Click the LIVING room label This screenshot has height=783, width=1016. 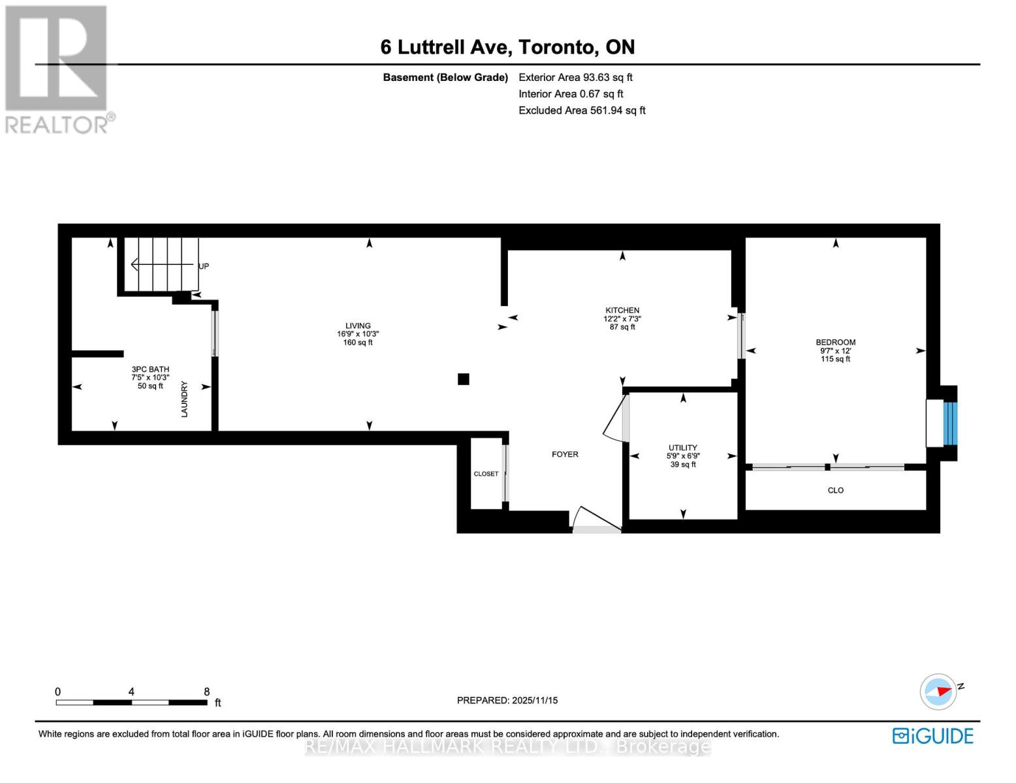tap(358, 326)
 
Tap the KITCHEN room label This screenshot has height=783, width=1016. tap(622, 311)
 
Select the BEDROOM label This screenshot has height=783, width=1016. tap(835, 342)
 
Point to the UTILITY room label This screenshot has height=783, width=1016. tap(682, 448)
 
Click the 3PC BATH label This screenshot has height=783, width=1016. tap(150, 369)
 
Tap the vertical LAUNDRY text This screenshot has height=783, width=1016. tap(184, 399)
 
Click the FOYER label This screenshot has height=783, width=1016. tap(565, 454)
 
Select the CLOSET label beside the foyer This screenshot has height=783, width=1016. tap(486, 474)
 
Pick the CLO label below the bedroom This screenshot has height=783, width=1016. tap(835, 490)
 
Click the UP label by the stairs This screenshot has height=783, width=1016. tap(204, 266)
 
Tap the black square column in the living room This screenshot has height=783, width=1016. tap(464, 379)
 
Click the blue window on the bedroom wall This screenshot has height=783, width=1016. tap(950, 423)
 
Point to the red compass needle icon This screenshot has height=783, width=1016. tap(940, 691)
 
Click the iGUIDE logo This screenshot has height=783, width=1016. tap(932, 736)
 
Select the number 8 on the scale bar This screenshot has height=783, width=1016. tap(206, 692)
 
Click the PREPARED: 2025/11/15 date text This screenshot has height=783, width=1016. tap(507, 700)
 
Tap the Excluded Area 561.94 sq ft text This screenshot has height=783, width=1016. tap(582, 110)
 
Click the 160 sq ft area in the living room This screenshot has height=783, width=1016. tap(358, 343)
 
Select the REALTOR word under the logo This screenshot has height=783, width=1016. tap(57, 125)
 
